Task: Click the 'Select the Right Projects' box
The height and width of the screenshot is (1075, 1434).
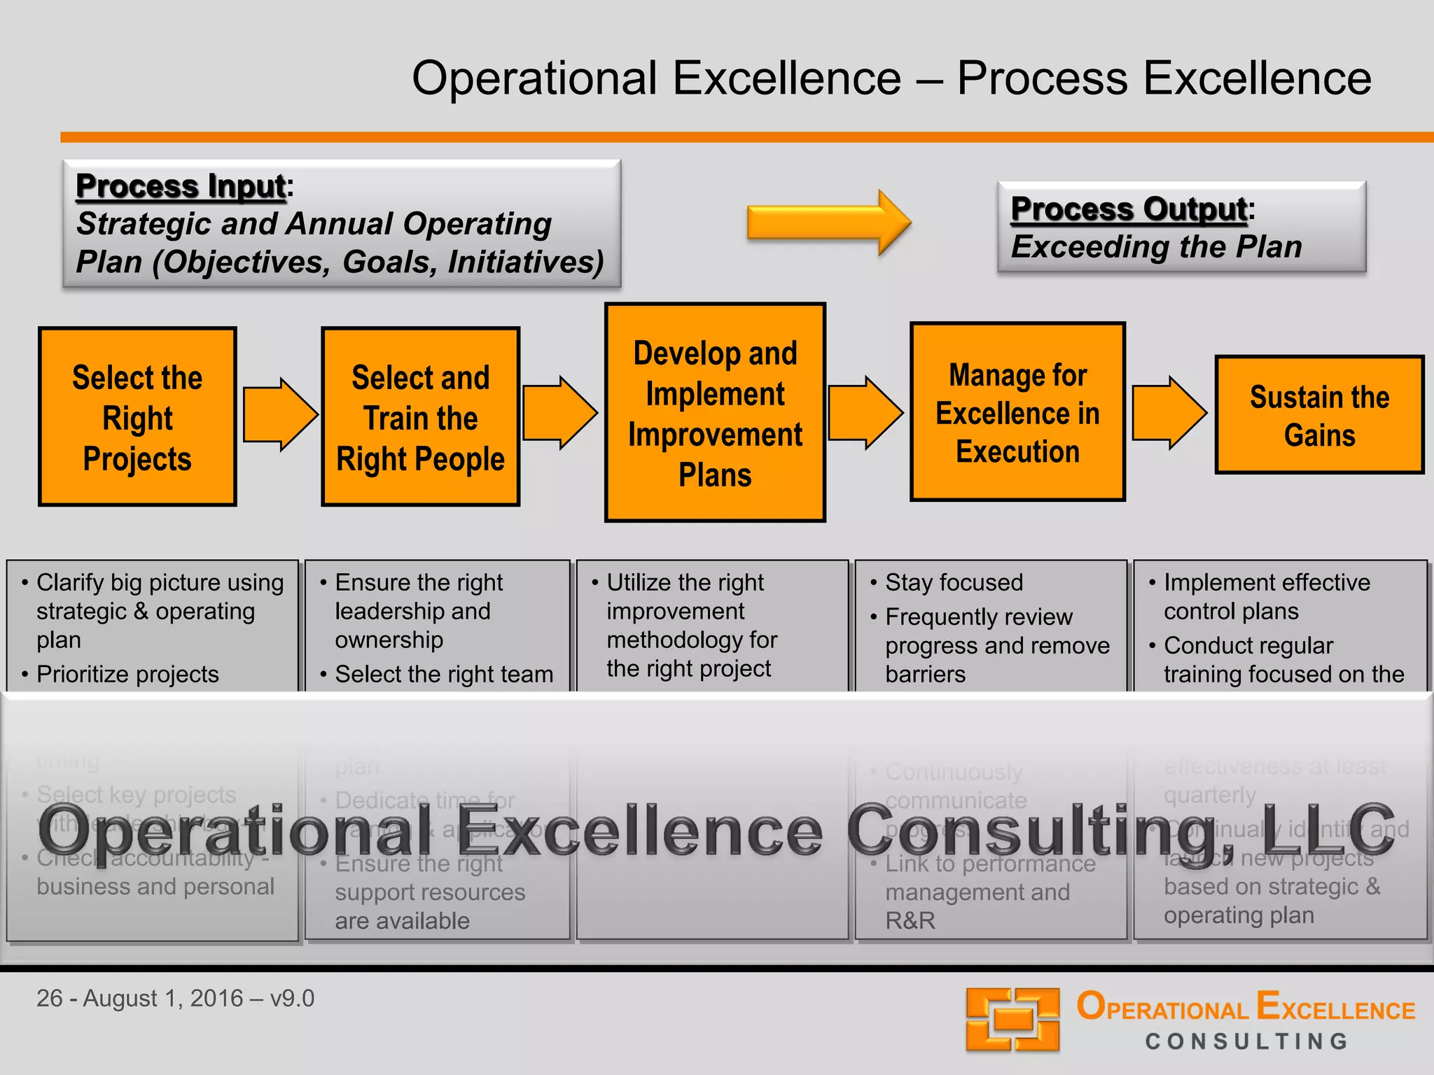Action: (x=137, y=417)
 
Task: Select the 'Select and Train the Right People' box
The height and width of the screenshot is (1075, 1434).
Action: (x=420, y=417)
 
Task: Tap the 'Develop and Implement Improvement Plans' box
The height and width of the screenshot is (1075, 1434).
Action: (x=715, y=413)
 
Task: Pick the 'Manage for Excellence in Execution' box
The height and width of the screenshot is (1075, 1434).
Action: (x=1017, y=412)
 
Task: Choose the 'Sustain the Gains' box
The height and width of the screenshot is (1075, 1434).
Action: (x=1319, y=415)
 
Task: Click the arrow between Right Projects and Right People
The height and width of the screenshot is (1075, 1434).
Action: (x=280, y=414)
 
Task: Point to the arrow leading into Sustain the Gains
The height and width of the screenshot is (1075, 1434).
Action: (x=1169, y=413)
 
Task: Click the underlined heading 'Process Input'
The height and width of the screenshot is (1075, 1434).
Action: (x=181, y=186)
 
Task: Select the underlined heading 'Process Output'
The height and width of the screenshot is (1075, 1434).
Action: (x=1129, y=209)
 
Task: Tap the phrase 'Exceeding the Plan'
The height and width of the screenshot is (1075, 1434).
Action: (x=1156, y=247)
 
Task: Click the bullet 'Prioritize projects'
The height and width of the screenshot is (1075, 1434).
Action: (x=127, y=674)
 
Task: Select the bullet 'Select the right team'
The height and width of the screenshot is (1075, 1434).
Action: (x=444, y=674)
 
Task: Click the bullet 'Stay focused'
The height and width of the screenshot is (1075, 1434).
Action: (x=954, y=582)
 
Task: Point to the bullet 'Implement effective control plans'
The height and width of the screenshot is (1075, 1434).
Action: (x=1266, y=596)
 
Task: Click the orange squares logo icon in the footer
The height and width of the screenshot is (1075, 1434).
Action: (x=1012, y=1019)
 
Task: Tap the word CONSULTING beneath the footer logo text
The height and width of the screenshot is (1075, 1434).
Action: (x=1246, y=1041)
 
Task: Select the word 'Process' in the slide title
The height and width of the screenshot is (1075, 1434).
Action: (x=1043, y=78)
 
